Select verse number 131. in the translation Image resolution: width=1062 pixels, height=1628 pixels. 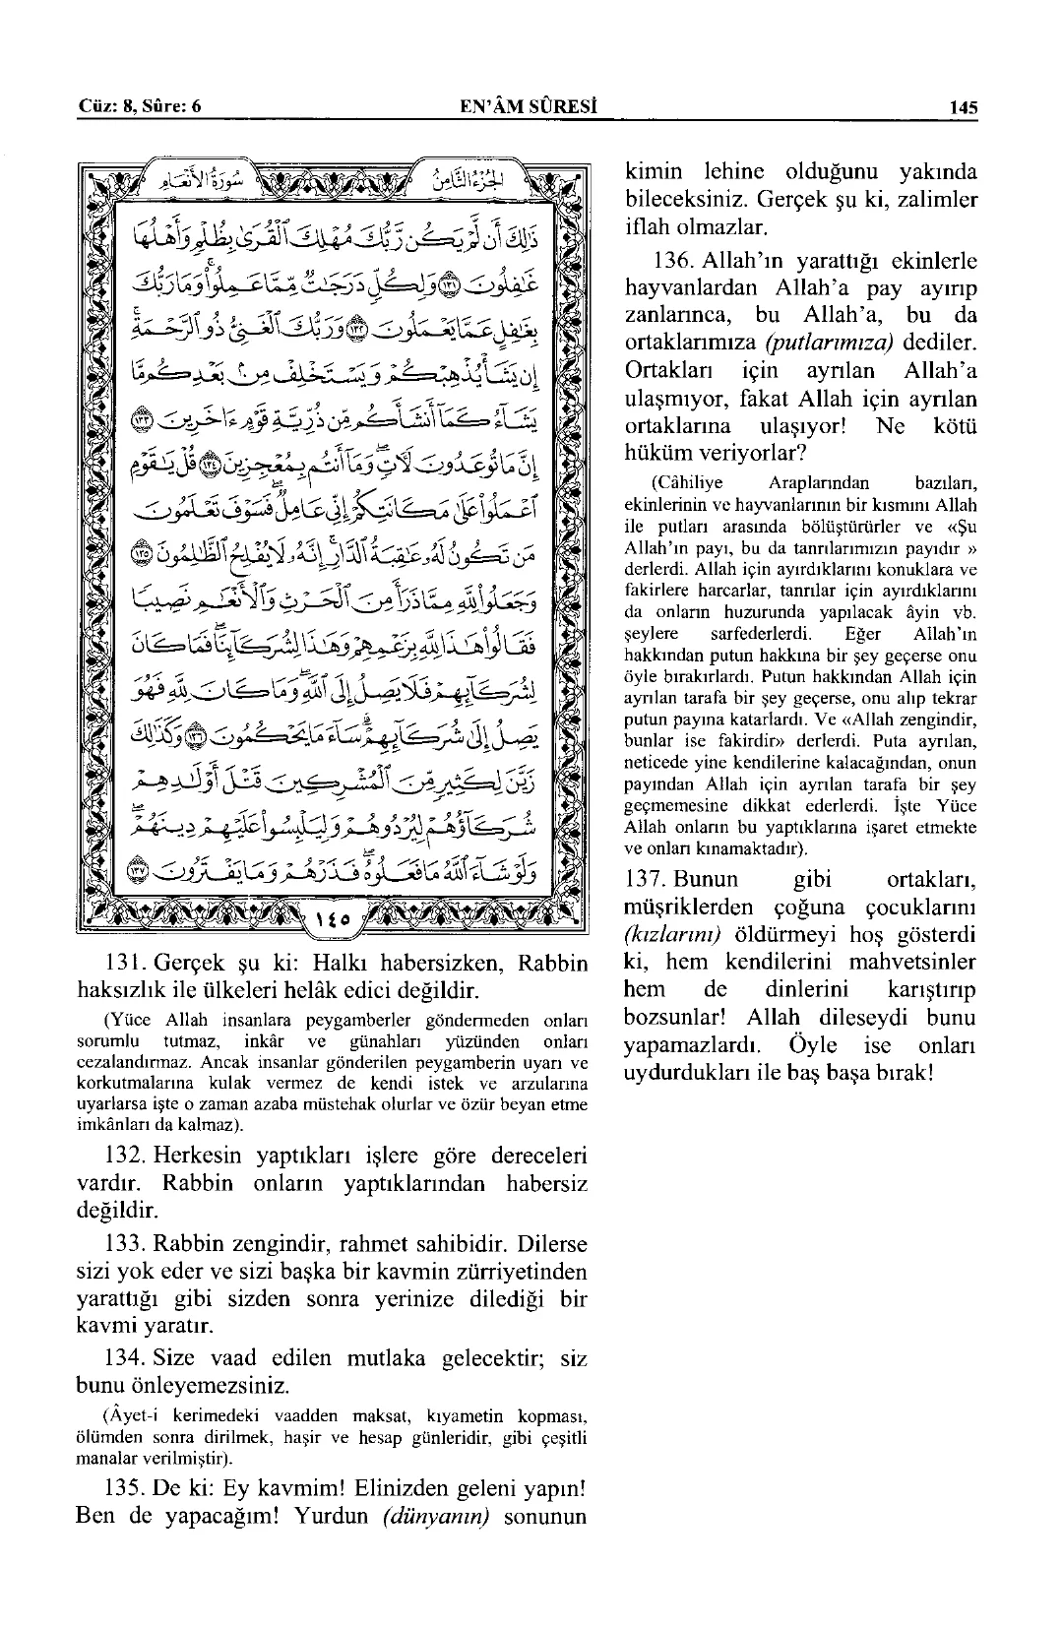pyautogui.click(x=126, y=963)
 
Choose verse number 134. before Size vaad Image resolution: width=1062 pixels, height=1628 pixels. pyautogui.click(x=126, y=1360)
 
